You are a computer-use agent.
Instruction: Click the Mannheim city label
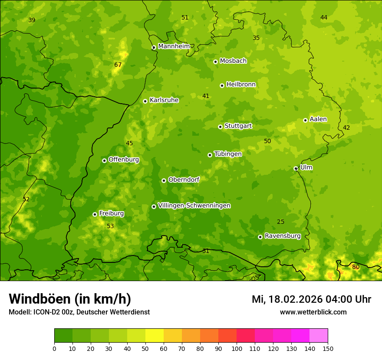174,46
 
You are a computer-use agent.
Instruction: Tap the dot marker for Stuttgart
220,127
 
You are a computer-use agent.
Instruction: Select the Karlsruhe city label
164,100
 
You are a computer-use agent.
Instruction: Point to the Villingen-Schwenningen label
194,206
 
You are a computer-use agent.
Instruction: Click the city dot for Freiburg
95,214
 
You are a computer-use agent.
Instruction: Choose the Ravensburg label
282,236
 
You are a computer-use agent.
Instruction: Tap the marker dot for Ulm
296,168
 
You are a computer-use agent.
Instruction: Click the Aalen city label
318,119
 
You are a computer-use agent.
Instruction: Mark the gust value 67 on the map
118,65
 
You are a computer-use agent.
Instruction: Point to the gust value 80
356,267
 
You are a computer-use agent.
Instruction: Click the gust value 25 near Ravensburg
281,222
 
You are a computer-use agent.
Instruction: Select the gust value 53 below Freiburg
110,226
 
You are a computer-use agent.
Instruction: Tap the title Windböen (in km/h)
70,299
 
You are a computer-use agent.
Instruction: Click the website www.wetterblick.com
313,312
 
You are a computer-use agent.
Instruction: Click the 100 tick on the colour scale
237,348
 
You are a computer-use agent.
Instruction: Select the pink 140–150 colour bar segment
319,335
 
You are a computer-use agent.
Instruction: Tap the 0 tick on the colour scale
54,348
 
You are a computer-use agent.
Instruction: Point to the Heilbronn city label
240,85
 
